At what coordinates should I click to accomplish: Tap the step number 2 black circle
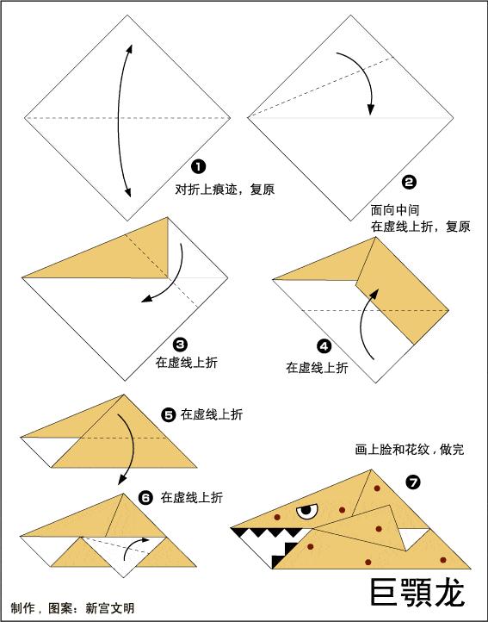pos(409,182)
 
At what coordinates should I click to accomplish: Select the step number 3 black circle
pos(180,342)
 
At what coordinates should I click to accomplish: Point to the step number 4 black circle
pos(324,346)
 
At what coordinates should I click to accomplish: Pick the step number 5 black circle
pos(169,414)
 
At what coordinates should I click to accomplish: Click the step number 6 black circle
pos(145,497)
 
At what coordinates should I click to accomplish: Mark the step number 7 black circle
pos(413,482)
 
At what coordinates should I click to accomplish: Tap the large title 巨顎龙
pos(417,592)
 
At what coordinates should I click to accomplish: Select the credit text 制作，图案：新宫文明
pos(73,607)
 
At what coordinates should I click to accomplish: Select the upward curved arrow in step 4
pos(368,324)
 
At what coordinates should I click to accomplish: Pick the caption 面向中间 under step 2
pos(395,209)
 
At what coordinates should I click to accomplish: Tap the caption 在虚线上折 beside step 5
pos(212,414)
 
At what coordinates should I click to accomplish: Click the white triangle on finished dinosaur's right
pos(416,538)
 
